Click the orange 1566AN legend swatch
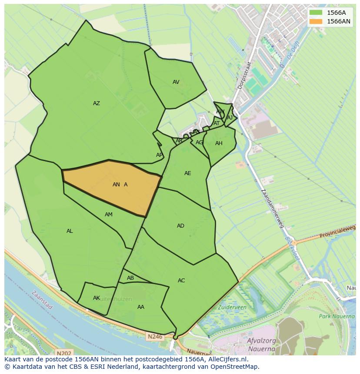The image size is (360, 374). pyautogui.click(x=316, y=21)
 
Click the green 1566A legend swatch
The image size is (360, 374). pyautogui.click(x=316, y=13)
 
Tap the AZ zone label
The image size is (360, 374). pyautogui.click(x=97, y=103)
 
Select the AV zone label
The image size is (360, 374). pyautogui.click(x=176, y=82)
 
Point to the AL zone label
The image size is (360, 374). pyautogui.click(x=70, y=231)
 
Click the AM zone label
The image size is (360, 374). pyautogui.click(x=109, y=215)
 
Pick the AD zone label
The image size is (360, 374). pyautogui.click(x=180, y=226)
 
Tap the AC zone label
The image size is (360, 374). pyautogui.click(x=181, y=281)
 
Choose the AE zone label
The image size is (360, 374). pyautogui.click(x=188, y=173)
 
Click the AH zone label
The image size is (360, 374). pyautogui.click(x=219, y=143)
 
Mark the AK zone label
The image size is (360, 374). pyautogui.click(x=97, y=298)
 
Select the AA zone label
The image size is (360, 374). pyautogui.click(x=141, y=307)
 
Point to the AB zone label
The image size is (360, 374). pyautogui.click(x=130, y=278)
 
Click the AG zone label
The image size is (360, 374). pyautogui.click(x=199, y=142)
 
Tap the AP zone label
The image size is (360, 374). pyautogui.click(x=160, y=155)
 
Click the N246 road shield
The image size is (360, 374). pyautogui.click(x=154, y=336)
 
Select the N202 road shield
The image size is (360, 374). pyautogui.click(x=64, y=354)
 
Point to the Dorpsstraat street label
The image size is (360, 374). pyautogui.click(x=245, y=75)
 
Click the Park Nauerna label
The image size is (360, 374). pyautogui.click(x=337, y=316)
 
